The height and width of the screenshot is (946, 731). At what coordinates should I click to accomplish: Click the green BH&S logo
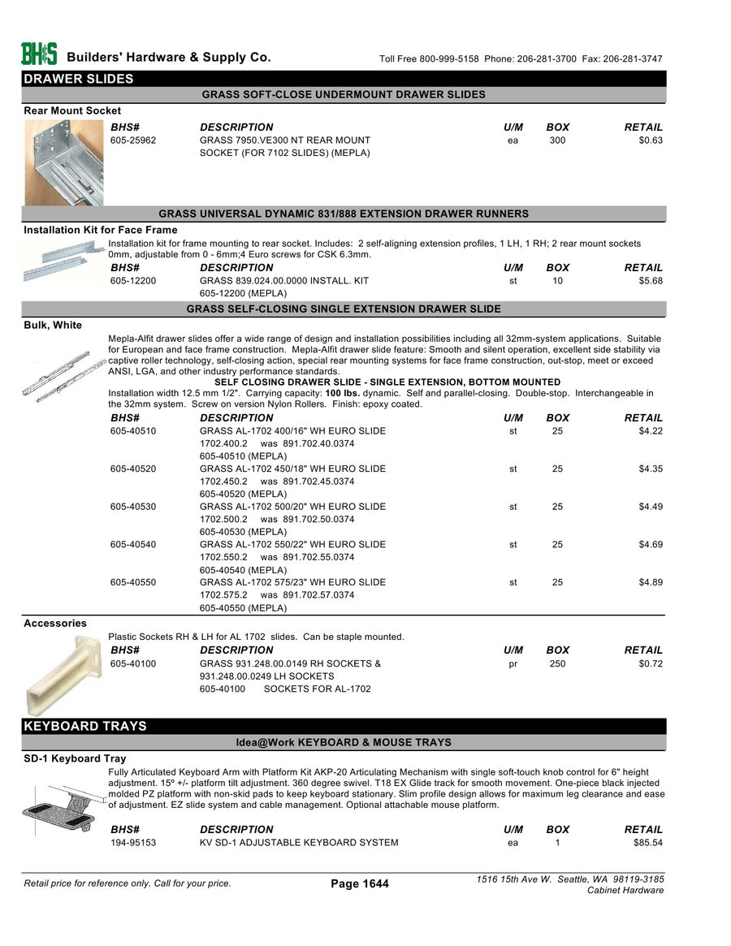[39, 54]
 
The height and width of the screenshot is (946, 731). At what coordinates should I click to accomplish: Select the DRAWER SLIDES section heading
[79, 79]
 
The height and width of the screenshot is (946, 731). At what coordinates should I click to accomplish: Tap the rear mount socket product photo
[64, 162]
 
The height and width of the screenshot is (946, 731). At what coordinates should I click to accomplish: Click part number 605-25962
[133, 140]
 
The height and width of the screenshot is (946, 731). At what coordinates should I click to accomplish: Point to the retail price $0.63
[651, 140]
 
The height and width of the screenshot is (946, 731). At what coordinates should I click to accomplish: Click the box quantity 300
[557, 140]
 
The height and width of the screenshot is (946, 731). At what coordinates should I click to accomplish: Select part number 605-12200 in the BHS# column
[133, 281]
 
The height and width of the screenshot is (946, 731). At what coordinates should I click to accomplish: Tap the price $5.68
[651, 281]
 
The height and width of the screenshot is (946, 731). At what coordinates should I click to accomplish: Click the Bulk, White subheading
[53, 326]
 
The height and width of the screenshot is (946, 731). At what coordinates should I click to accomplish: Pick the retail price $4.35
[651, 469]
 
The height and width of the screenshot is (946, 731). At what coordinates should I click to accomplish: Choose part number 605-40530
[133, 507]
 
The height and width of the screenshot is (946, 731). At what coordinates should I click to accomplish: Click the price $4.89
[651, 582]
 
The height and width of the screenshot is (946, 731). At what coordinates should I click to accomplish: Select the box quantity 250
[557, 664]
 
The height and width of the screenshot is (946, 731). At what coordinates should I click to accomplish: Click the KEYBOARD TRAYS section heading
[85, 726]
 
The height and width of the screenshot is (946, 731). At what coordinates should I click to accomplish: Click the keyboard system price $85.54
[648, 843]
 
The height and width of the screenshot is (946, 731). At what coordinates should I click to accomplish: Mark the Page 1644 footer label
[360, 883]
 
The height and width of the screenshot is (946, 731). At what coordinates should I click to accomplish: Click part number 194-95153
[133, 843]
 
